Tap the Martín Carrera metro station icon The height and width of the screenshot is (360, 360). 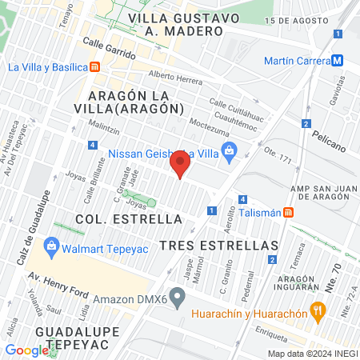[x=338, y=61]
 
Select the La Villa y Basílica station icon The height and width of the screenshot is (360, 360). [x=95, y=67]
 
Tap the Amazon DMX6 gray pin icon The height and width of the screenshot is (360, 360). [x=178, y=298]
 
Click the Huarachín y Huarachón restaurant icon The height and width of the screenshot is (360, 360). [x=318, y=310]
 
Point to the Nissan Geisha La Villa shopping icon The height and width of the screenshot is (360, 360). [x=230, y=151]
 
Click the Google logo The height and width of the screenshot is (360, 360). [x=27, y=350]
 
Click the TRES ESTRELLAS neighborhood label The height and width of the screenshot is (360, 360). [x=219, y=245]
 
